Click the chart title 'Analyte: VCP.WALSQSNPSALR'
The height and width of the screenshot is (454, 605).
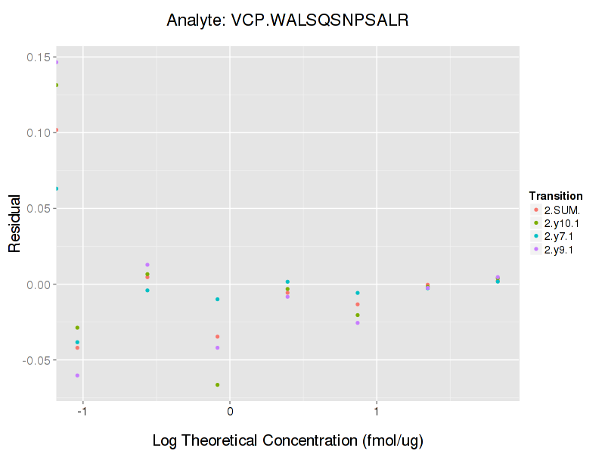click(287, 20)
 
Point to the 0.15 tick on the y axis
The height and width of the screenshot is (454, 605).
click(39, 58)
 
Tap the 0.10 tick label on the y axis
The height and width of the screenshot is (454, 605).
click(39, 133)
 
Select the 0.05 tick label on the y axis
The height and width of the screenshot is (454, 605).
click(39, 209)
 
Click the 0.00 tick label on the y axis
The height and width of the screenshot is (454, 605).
click(39, 285)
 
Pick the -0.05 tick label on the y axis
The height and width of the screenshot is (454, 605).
click(38, 360)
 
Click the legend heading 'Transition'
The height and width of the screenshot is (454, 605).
click(556, 196)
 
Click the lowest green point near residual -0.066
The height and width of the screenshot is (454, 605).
click(218, 384)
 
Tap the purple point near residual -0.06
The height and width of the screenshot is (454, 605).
click(77, 375)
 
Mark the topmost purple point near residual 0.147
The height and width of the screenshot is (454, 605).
click(57, 62)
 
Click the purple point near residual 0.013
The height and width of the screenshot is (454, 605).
click(147, 265)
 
